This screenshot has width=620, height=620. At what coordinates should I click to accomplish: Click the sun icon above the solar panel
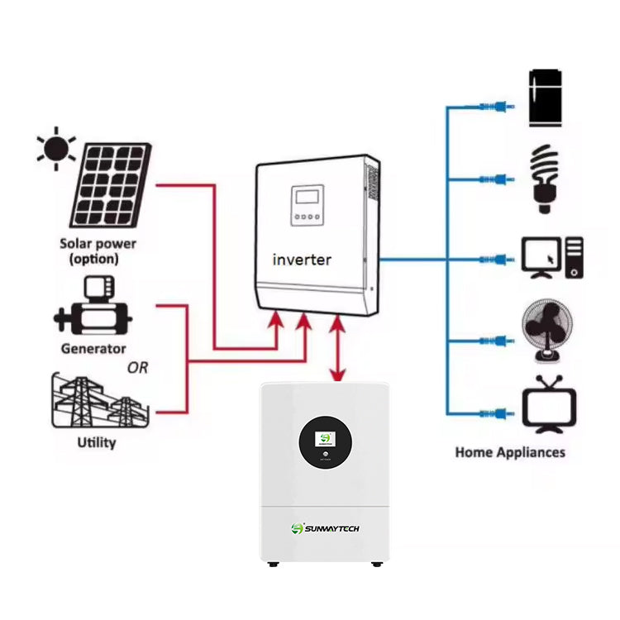[x=57, y=149]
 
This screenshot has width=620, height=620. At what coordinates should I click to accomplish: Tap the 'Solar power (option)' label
[x=98, y=251]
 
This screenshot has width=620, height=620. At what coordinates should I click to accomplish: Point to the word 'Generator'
[x=93, y=348]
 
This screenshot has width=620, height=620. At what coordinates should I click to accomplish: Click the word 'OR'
[x=137, y=368]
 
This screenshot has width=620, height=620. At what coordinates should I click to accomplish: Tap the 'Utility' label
[x=97, y=442]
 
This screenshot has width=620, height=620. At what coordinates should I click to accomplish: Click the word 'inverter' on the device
[x=302, y=260]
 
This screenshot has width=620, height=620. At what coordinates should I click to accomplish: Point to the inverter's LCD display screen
[x=306, y=200]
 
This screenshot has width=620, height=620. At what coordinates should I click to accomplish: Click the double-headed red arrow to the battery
[x=337, y=349]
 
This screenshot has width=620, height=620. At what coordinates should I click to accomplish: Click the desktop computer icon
[x=552, y=258]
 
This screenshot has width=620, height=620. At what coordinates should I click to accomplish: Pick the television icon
[x=549, y=405]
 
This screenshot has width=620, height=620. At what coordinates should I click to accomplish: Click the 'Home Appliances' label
[x=510, y=452]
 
